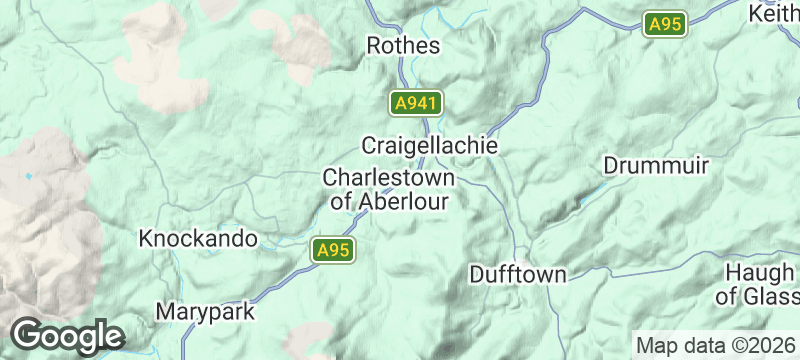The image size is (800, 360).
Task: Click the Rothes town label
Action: [x=404, y=45]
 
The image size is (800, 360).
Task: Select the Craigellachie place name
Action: [x=429, y=145]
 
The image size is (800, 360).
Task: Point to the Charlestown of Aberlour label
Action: [x=389, y=189]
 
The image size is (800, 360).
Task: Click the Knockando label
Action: [x=198, y=239]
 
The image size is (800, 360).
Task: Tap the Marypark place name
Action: [x=207, y=311]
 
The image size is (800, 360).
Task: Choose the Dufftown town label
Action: [x=518, y=273]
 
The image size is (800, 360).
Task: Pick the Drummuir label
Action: [x=656, y=163]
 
